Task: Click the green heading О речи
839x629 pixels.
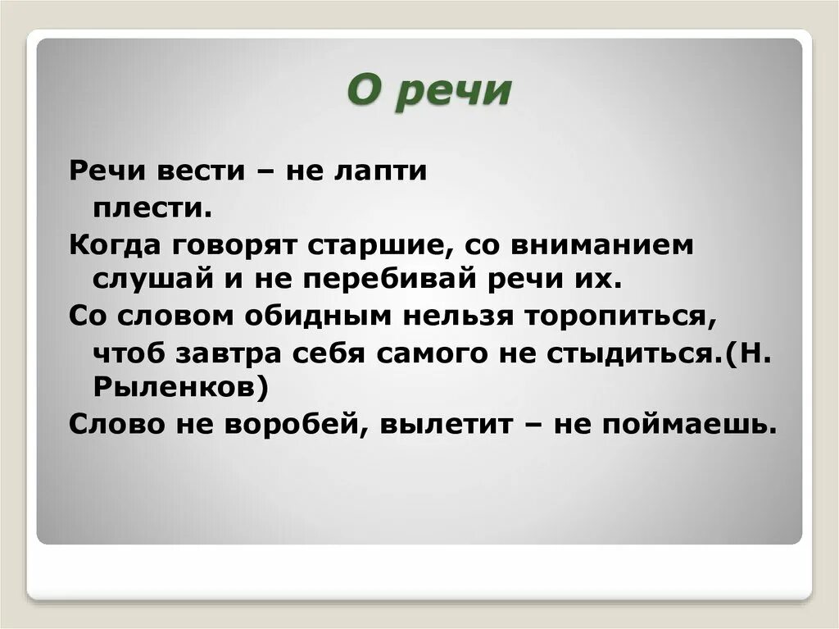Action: click(429, 92)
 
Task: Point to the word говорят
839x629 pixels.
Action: click(234, 245)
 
